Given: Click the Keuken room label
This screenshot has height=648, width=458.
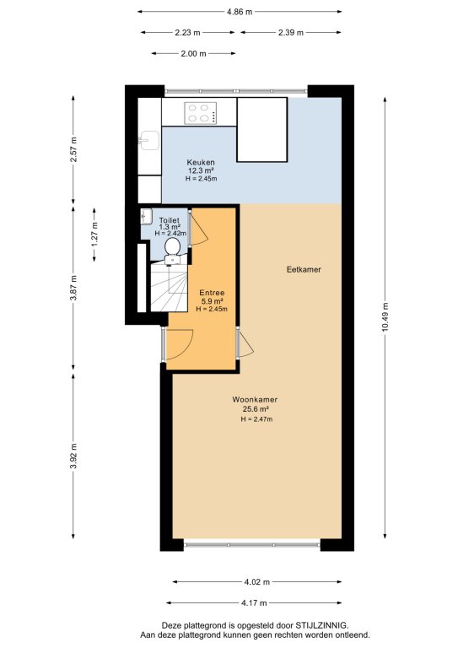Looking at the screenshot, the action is (x=201, y=162).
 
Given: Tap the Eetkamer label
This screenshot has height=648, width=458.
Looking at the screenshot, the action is (x=304, y=269).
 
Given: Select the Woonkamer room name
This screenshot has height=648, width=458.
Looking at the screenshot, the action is (x=255, y=400).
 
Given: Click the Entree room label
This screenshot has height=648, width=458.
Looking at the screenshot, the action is (x=212, y=293).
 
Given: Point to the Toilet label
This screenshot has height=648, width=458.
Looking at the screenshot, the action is (x=170, y=221).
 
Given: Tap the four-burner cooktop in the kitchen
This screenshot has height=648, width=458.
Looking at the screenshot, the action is (x=200, y=113).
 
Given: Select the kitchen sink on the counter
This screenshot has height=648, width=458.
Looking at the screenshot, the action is (x=148, y=141).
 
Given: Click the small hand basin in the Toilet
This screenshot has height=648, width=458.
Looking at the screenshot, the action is (x=146, y=216).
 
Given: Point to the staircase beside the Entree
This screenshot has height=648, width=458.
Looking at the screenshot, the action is (x=169, y=288).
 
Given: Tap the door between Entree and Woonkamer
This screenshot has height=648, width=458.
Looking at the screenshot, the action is (x=245, y=343).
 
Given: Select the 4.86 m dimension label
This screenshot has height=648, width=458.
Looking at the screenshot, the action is (x=240, y=12).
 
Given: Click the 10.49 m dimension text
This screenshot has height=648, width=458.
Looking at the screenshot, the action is (x=385, y=317).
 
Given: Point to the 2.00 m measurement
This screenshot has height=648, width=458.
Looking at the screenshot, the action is (x=193, y=53).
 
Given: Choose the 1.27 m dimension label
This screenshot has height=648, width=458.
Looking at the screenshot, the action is (x=94, y=235).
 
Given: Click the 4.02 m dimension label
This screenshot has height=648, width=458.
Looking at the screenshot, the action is (x=257, y=582).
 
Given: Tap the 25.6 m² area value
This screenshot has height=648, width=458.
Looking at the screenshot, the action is (x=256, y=409).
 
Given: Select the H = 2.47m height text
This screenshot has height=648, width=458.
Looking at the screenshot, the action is (x=256, y=419).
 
